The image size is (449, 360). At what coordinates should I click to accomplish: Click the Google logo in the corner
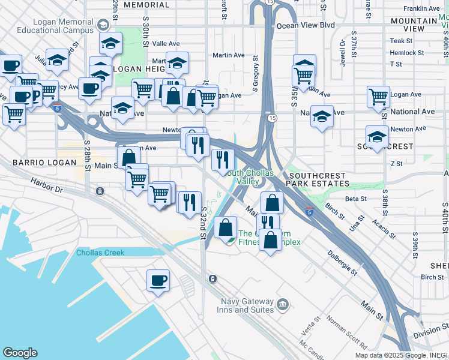pyautogui.click(x=20, y=353)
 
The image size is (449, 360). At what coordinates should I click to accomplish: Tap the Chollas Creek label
pyautogui.click(x=100, y=253)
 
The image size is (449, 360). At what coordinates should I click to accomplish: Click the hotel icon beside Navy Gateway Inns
pyautogui.click(x=283, y=305)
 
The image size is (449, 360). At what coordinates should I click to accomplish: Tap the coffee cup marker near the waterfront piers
pyautogui.click(x=158, y=281)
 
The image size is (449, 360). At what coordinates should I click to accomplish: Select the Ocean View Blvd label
pyautogui.click(x=306, y=26)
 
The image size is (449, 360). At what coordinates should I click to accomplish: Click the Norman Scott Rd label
pyautogui.click(x=348, y=332)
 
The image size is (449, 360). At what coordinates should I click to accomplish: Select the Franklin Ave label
pyautogui.click(x=421, y=9)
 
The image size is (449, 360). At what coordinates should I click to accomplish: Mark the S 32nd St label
pyautogui.click(x=203, y=223)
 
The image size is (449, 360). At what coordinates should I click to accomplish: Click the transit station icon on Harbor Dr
pyautogui.click(x=100, y=191)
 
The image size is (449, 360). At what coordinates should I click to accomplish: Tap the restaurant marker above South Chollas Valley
pyautogui.click(x=222, y=160)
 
